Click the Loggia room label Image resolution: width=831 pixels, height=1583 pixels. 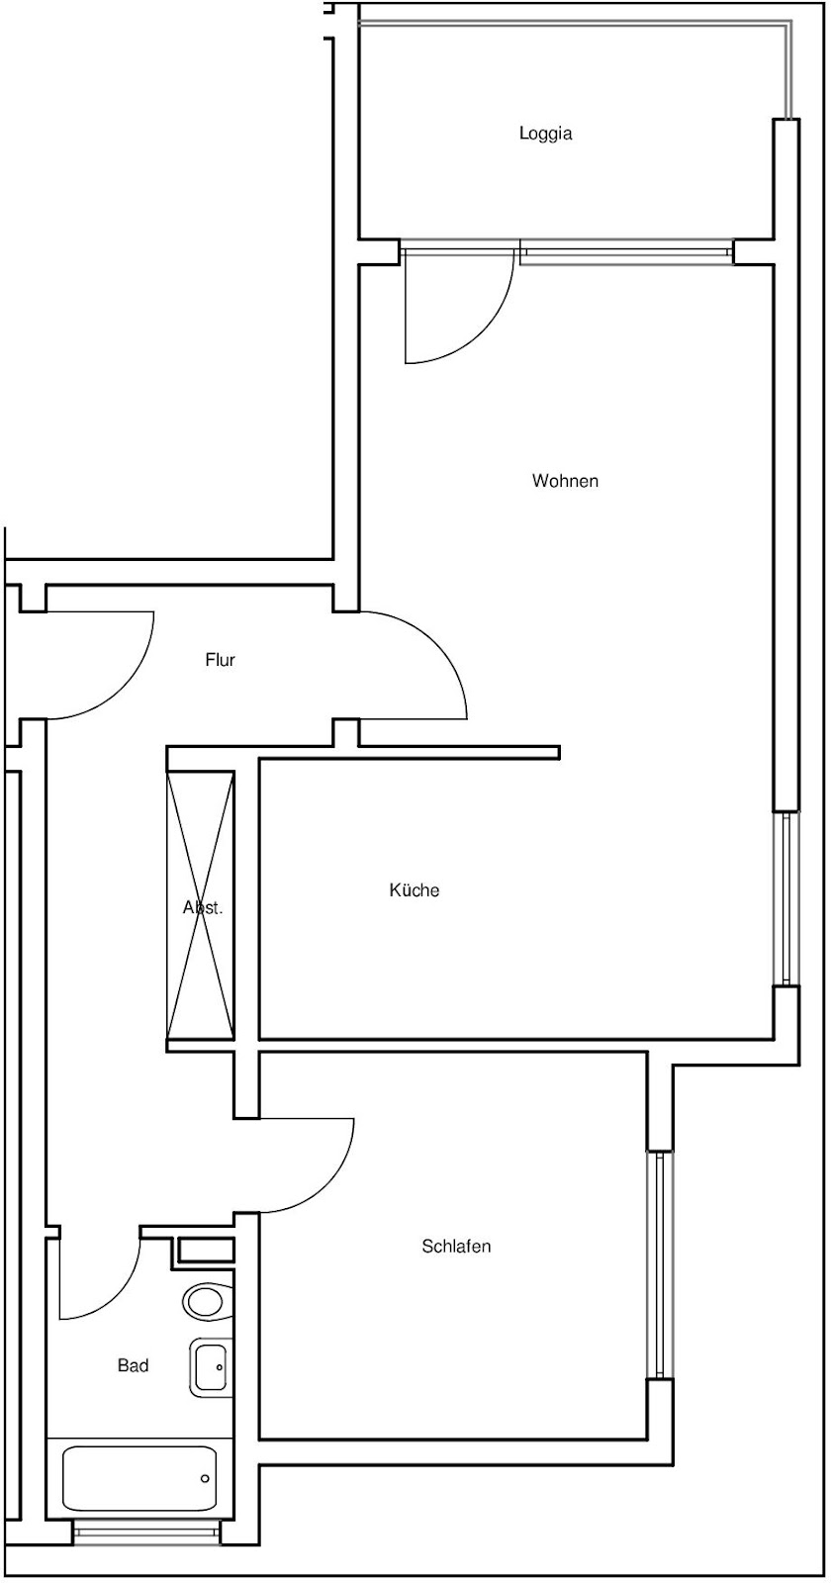545,134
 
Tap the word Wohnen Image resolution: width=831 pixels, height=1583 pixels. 565,481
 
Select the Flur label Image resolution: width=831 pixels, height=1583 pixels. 220,660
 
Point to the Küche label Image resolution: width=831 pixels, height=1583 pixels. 415,889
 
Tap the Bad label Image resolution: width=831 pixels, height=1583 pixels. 133,1366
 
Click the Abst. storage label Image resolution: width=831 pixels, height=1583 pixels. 203,908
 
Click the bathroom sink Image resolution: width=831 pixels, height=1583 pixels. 212,1366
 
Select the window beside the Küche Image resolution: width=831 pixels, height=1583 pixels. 786,899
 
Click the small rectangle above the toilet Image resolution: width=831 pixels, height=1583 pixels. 205,1252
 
